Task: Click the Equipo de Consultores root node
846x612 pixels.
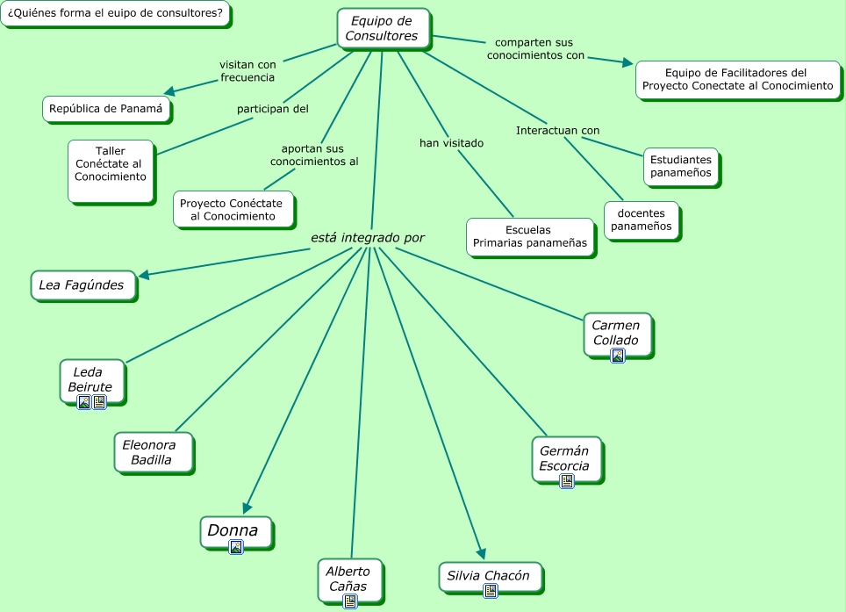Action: click(x=384, y=29)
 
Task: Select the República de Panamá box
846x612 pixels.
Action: click(x=106, y=109)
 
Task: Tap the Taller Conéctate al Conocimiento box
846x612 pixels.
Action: click(x=111, y=171)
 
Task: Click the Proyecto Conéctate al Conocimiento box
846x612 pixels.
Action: click(x=233, y=209)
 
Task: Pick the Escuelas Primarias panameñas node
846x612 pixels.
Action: click(x=530, y=237)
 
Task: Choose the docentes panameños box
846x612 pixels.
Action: click(x=642, y=220)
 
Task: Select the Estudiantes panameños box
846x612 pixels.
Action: click(x=681, y=167)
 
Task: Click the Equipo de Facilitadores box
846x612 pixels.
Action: click(x=738, y=80)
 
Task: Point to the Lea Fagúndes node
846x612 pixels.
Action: click(x=82, y=285)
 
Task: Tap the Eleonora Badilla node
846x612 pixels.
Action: click(x=154, y=453)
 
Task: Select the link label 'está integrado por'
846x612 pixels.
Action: click(x=368, y=238)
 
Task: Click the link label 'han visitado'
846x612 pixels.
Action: click(x=452, y=143)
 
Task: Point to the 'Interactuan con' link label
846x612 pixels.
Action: click(x=558, y=131)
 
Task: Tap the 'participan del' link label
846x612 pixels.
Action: click(x=273, y=109)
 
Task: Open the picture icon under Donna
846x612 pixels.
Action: click(x=236, y=547)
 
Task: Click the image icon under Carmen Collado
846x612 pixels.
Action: click(x=618, y=356)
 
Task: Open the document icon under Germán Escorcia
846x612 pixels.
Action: click(x=567, y=481)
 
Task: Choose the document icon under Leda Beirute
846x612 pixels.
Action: click(x=99, y=402)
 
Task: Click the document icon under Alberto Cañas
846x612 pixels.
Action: click(x=350, y=601)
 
